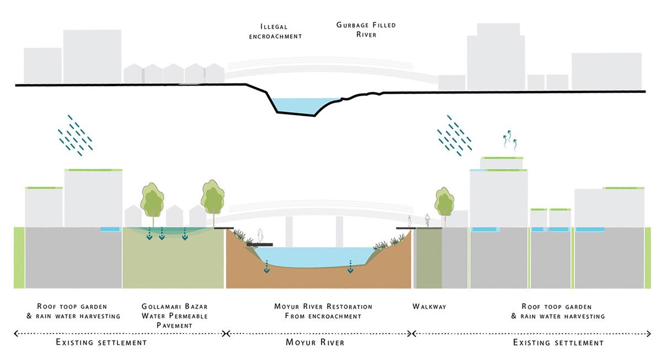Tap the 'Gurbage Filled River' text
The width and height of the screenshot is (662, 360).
pyautogui.click(x=366, y=30)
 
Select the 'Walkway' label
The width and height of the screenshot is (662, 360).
pyautogui.click(x=429, y=306)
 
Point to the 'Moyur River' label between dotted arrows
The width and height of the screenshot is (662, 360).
pyautogui.click(x=315, y=342)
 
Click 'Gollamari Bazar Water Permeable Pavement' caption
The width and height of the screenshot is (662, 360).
pyautogui.click(x=175, y=315)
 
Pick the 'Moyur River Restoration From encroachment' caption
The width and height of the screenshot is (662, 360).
pyautogui.click(x=323, y=311)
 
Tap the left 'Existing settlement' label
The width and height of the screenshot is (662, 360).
pyautogui.click(x=102, y=342)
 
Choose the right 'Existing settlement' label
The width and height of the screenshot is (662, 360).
pyautogui.click(x=558, y=342)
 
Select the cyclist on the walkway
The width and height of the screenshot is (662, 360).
pyautogui.click(x=427, y=220)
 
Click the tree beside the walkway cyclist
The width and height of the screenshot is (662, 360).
pyautogui.click(x=444, y=203)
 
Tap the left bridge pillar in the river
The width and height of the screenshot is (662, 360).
pyautogui.click(x=289, y=232)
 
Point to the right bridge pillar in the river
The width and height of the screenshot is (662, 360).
pyautogui.click(x=339, y=232)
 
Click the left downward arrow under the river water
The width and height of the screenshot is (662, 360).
pyautogui.click(x=267, y=270)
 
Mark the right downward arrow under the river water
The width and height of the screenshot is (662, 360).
pyautogui.click(x=350, y=269)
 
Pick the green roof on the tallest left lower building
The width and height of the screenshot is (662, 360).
pyautogui.click(x=93, y=170)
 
